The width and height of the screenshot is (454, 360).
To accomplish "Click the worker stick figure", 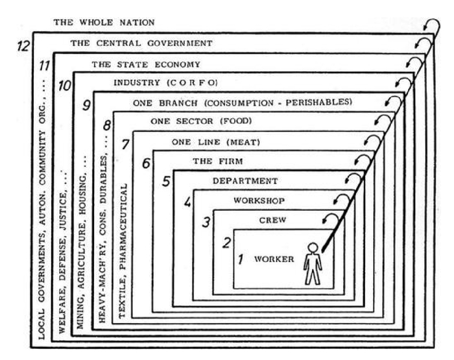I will point(313,264).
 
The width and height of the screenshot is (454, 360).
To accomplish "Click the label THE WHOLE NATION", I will point(104,23).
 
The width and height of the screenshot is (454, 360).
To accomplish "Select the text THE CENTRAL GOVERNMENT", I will point(141,43).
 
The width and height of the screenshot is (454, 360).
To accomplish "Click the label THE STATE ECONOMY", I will point(146,64).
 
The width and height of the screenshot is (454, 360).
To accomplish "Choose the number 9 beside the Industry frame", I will point(85,104).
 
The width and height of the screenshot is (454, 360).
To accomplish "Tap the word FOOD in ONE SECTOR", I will point(237,121).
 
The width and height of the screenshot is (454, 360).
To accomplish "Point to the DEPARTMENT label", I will point(245,180).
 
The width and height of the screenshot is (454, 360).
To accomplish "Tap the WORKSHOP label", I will point(259,200).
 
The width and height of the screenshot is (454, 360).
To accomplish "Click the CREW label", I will point(273,220).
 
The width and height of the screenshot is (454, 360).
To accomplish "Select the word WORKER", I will point(274,259).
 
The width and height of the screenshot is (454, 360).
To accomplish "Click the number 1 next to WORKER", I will point(240,260).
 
